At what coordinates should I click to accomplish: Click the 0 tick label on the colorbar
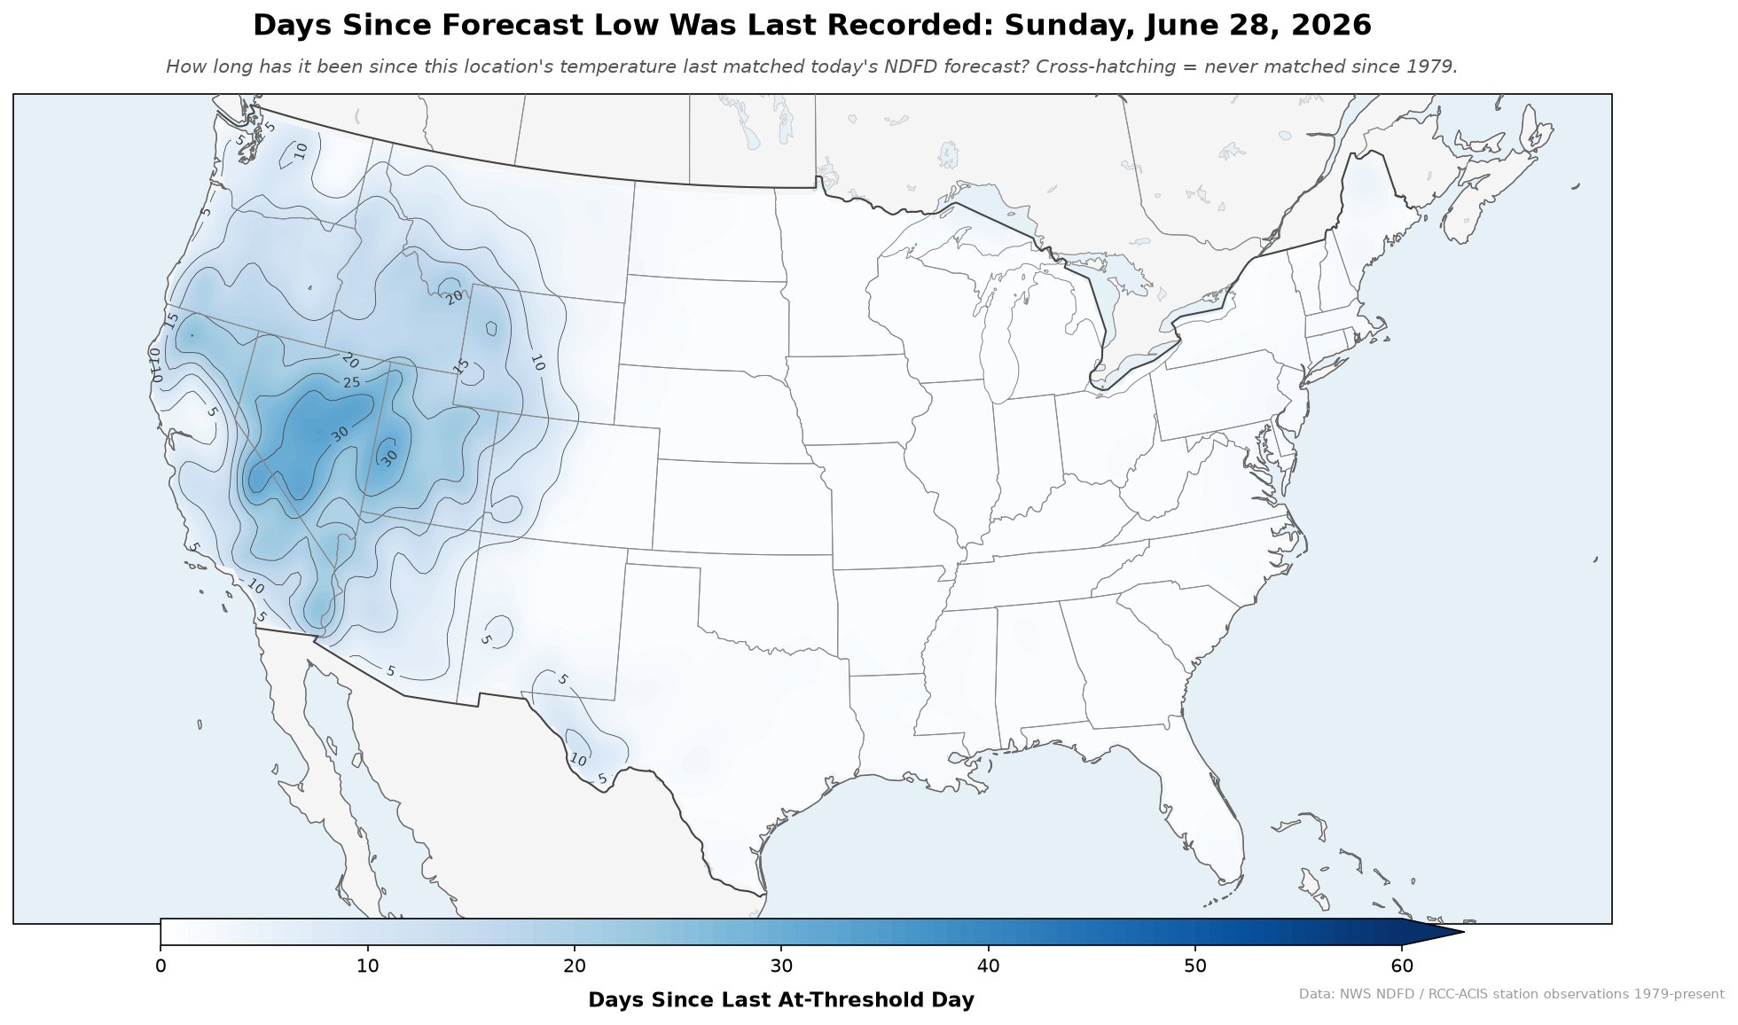pos(160,966)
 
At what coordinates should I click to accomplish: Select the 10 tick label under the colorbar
pos(367,966)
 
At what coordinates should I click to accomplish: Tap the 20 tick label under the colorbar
pos(575,966)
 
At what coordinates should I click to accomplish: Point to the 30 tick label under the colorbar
pos(781,966)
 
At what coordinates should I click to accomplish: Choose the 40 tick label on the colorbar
pos(989,966)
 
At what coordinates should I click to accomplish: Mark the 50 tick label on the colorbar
pos(1195,966)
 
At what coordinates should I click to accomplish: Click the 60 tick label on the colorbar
pos(1402,966)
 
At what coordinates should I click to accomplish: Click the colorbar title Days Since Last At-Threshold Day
pos(781,1000)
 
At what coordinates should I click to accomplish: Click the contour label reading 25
pos(352,382)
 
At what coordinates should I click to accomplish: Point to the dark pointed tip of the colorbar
pos(1463,932)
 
